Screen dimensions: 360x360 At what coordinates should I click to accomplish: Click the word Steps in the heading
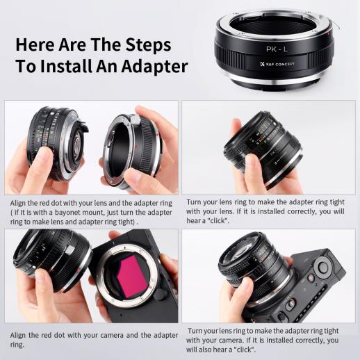tap(148, 45)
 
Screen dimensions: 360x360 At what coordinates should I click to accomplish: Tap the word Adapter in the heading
tap(154, 66)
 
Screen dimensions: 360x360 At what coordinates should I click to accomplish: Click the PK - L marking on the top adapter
tap(277, 49)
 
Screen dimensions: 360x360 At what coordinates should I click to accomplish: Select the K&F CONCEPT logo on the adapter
tap(277, 64)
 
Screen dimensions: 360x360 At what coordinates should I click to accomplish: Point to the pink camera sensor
tap(133, 275)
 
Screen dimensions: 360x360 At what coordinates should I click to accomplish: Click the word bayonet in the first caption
tap(68, 213)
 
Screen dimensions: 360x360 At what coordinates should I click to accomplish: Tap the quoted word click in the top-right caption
tap(218, 221)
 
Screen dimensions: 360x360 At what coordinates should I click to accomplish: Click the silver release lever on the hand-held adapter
tap(134, 120)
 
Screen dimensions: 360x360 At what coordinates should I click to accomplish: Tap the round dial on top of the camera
tap(323, 268)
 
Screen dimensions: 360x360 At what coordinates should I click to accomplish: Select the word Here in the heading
tap(35, 45)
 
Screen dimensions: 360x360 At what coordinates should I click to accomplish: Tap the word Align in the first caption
tap(18, 204)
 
